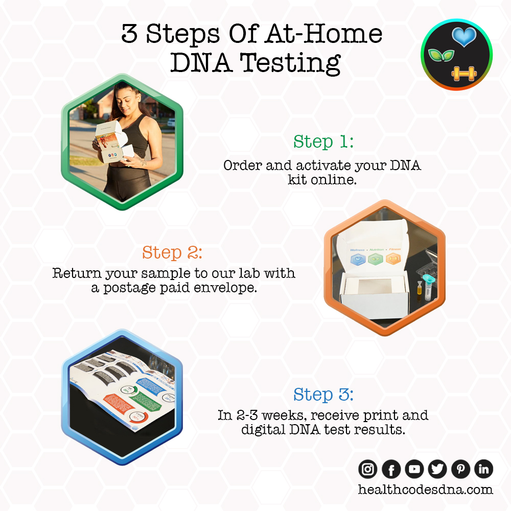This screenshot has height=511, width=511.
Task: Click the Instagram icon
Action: point(368,469)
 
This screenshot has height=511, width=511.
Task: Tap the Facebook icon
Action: point(391,469)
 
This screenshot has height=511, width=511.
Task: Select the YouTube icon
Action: point(414,469)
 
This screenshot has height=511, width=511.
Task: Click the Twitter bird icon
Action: point(437,469)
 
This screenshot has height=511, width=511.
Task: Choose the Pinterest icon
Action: point(460,469)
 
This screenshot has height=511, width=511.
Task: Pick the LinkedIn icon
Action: point(483,469)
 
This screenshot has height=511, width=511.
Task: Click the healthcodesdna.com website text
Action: point(426,490)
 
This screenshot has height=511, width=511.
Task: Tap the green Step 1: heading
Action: point(323,142)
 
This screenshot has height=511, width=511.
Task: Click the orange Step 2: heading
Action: point(172,252)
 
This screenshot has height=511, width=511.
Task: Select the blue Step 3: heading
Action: point(323,394)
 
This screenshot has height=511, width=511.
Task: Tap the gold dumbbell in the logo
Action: point(463,75)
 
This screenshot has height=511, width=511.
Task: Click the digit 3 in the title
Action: point(131,34)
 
